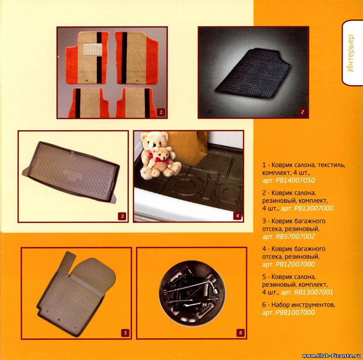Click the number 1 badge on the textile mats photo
click(161, 112)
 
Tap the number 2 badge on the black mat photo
click(302, 112)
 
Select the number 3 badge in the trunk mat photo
click(122, 216)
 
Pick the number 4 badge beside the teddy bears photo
click(237, 216)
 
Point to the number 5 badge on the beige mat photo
click(125, 333)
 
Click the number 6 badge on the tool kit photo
click(240, 333)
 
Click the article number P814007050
click(295, 180)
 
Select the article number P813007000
click(314, 208)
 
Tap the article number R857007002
click(295, 236)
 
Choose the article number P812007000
click(295, 264)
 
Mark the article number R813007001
click(313, 292)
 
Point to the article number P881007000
click(295, 313)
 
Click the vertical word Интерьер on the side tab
click(351, 53)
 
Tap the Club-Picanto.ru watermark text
click(332, 356)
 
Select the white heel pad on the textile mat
click(93, 50)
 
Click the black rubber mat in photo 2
click(253, 73)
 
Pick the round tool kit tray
click(192, 293)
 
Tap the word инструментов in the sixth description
click(310, 305)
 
